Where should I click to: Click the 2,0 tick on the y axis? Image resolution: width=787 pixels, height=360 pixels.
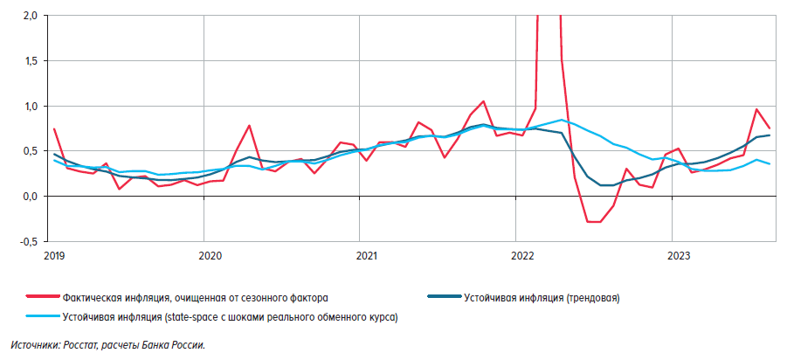tap(30, 16)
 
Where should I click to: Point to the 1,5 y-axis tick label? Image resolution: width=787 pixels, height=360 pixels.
tap(30, 61)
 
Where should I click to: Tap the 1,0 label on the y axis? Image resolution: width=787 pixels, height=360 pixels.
tap(30, 107)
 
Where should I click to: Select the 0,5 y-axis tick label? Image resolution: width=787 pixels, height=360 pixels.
tap(30, 151)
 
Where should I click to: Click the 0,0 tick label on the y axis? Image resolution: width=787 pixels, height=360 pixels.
tap(30, 197)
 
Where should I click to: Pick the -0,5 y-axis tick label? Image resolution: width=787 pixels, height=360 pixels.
tap(28, 242)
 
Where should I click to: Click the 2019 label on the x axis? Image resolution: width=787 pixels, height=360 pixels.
tap(53, 256)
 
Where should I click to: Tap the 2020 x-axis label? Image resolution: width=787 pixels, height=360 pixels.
tap(210, 256)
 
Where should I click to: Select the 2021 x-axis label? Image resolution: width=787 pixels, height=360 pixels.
tap(366, 256)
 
